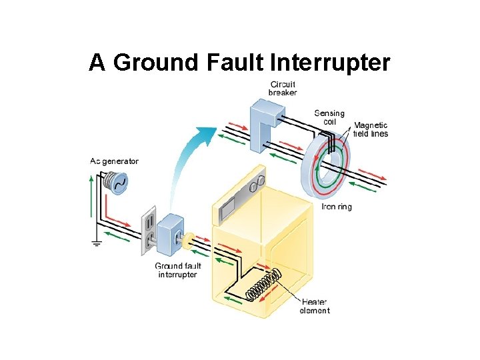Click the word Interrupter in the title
(x=331, y=62)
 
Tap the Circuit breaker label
(x=283, y=88)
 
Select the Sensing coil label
(x=329, y=117)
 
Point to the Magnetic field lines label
(x=371, y=129)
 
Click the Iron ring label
(x=337, y=207)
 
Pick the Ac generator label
(x=115, y=161)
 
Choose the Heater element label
(x=315, y=306)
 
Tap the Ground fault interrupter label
(x=177, y=270)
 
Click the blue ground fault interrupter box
(x=172, y=234)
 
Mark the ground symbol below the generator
(x=96, y=243)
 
